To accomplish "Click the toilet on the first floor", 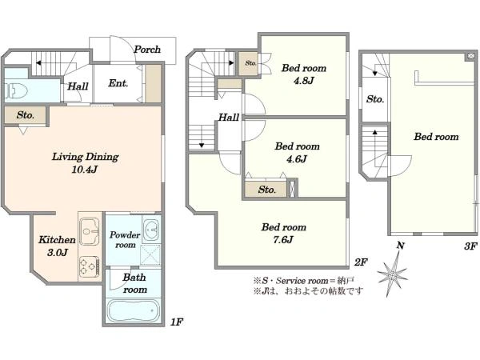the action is point(16,90).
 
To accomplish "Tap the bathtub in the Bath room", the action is point(134,310).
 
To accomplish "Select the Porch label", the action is point(147,50).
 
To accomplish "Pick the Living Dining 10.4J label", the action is point(85,163).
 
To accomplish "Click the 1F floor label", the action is point(177,322).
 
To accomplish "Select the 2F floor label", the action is point(361,262).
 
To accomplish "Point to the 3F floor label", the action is point(470,246).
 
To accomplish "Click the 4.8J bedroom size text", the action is point(303,81).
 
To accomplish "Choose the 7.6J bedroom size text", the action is point(283,239).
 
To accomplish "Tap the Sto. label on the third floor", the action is point(375,99).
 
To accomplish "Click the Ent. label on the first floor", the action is point(118,83).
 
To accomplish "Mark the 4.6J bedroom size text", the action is point(296,159).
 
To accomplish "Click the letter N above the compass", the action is point(401,246).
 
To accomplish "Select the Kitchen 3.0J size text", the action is point(58,252).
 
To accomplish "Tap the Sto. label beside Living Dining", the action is point(26,115).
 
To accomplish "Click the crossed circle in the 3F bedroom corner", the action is point(470,56).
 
